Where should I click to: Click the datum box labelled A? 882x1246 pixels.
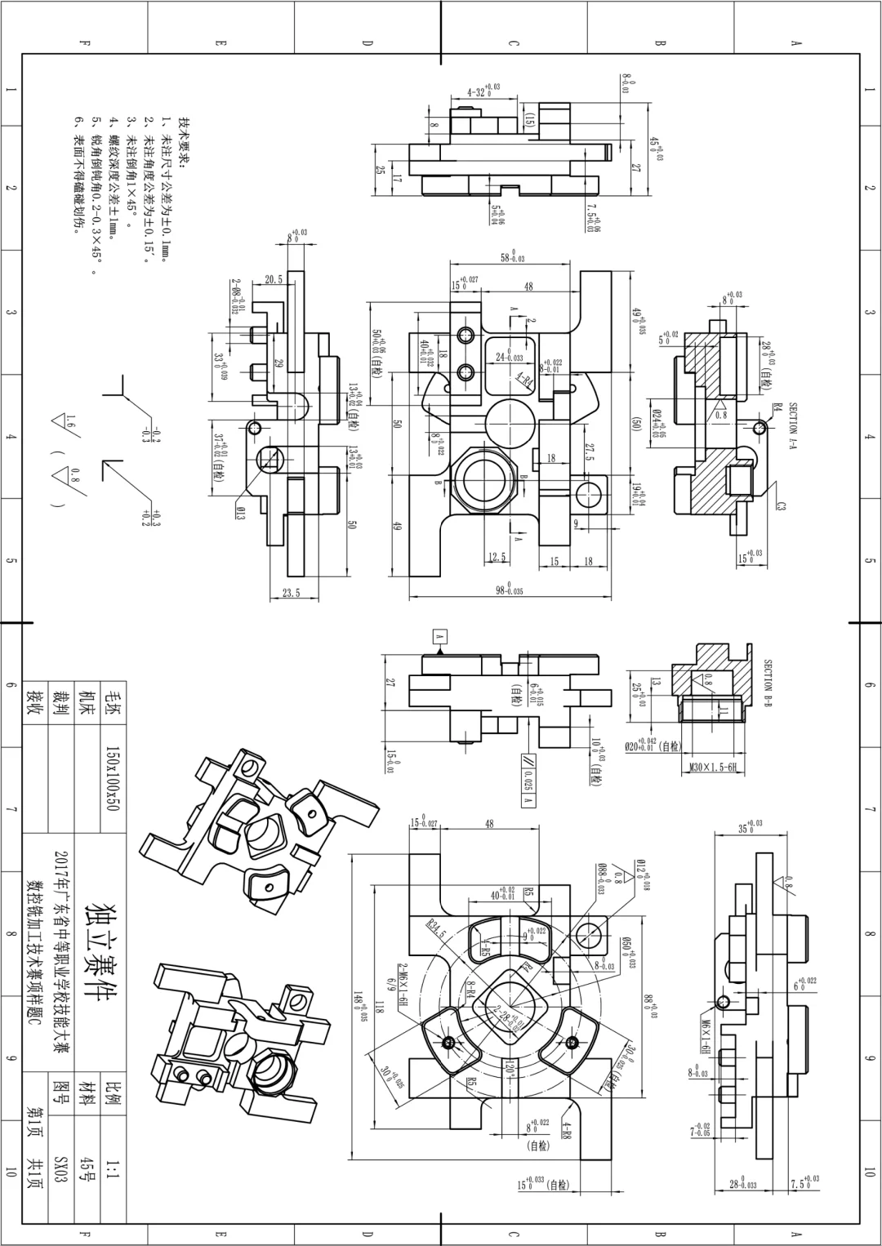(x=439, y=635)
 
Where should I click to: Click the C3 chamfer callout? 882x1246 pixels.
(x=781, y=506)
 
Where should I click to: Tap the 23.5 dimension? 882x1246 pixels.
(x=291, y=594)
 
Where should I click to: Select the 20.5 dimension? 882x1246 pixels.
(x=274, y=279)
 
